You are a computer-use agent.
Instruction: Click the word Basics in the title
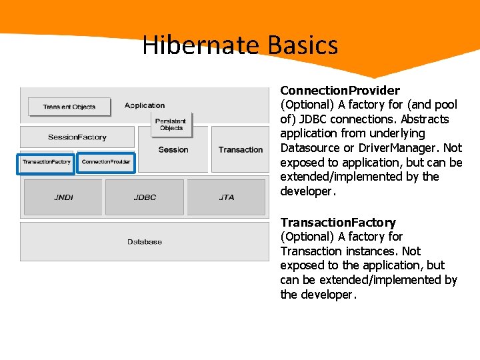pos(303,46)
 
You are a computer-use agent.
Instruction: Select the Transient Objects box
pos(69,107)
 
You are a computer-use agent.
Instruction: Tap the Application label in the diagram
pos(145,105)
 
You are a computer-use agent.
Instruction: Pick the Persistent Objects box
pos(171,124)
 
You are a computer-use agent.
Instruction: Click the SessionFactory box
pos(77,137)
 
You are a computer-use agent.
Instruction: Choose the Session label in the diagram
pos(173,150)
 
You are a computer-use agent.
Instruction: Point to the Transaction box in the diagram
pos(240,150)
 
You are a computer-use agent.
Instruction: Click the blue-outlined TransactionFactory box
pos(46,162)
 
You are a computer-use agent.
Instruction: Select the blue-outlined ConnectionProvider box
pos(106,162)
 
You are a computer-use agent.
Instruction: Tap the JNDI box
pos(64,197)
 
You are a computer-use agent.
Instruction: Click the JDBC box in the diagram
pos(145,197)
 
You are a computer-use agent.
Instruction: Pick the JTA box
pos(227,197)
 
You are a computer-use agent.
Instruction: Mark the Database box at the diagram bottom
pos(145,241)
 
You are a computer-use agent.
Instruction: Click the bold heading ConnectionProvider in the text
pos(340,90)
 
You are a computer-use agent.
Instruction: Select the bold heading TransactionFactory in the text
pos(338,222)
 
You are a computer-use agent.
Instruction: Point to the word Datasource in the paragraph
pos(311,148)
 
